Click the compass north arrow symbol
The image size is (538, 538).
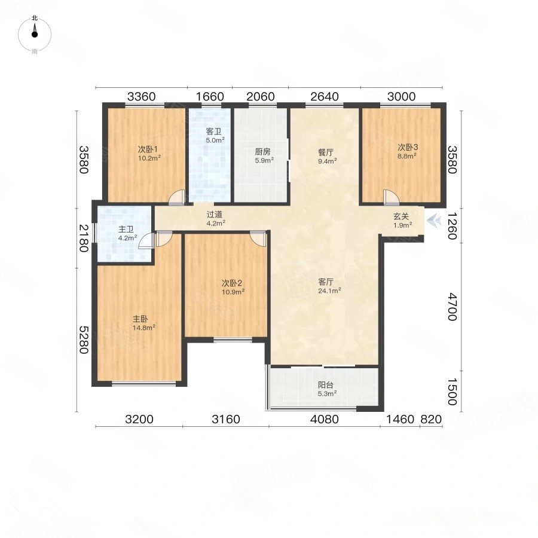click(x=34, y=31)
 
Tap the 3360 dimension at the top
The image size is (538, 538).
click(x=141, y=97)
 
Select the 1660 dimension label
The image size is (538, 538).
click(x=210, y=97)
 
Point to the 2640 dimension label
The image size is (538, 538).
click(x=324, y=97)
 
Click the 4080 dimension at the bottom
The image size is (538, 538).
click(x=324, y=419)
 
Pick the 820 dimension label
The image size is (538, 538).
click(x=431, y=419)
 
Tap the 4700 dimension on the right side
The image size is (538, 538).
click(x=453, y=307)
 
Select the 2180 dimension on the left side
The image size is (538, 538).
click(x=84, y=238)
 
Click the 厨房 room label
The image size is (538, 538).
click(x=262, y=151)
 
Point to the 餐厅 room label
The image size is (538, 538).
click(x=326, y=152)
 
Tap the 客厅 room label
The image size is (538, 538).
click(x=326, y=282)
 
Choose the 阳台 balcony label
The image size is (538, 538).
click(x=325, y=385)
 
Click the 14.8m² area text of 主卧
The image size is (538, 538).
click(x=144, y=328)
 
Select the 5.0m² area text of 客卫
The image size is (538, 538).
click(x=215, y=140)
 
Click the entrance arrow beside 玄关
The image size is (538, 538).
click(x=434, y=220)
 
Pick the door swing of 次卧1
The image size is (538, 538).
click(x=177, y=197)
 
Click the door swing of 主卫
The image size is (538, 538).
click(x=146, y=240)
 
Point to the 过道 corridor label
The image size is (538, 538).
click(x=215, y=215)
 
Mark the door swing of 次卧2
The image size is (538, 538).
click(x=258, y=238)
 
